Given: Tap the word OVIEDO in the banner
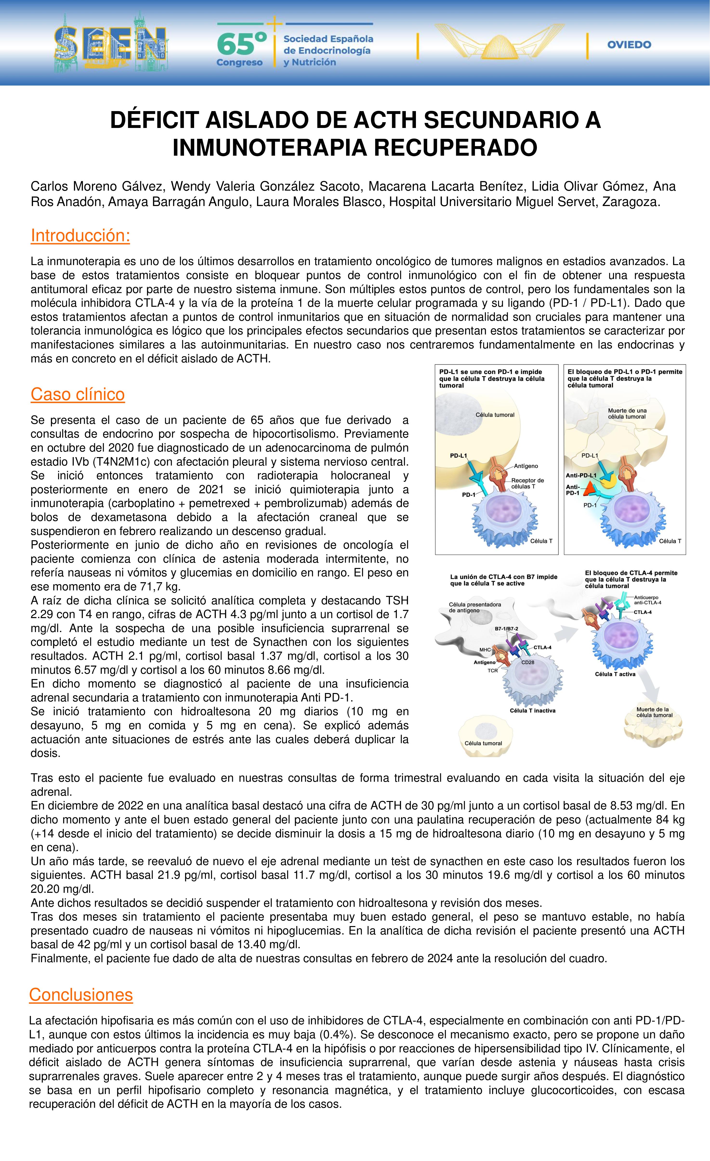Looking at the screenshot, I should pyautogui.click(x=629, y=45).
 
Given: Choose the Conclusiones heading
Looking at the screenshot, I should pyautogui.click(x=81, y=994).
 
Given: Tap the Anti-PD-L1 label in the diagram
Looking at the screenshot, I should pyautogui.click(x=581, y=475).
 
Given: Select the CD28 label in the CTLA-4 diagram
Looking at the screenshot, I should pyautogui.click(x=528, y=662).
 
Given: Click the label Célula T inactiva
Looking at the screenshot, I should pyautogui.click(x=532, y=711).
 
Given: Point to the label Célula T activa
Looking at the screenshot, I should pyautogui.click(x=615, y=674).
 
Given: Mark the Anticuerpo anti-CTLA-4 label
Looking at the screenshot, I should pyautogui.click(x=647, y=600).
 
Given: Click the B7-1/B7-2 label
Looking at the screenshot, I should pyautogui.click(x=506, y=628).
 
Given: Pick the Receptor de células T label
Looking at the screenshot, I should pyautogui.click(x=527, y=483).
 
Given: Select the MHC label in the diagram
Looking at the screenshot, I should pyautogui.click(x=485, y=650).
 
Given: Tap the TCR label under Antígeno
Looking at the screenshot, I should pyautogui.click(x=493, y=670).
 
